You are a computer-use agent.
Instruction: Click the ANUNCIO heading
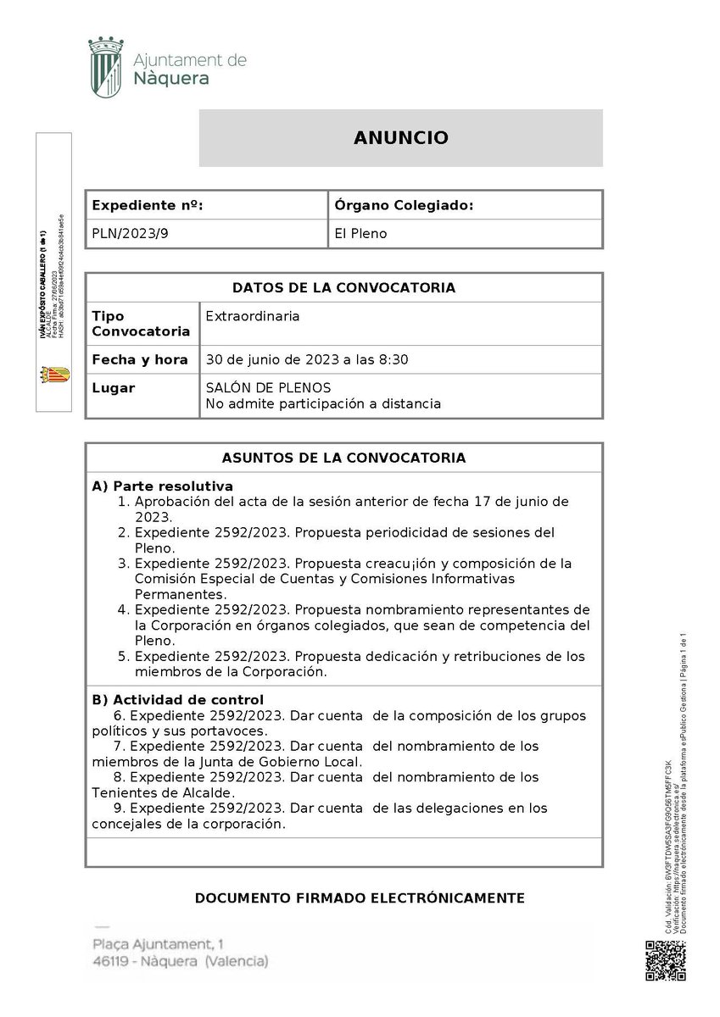pos(400,138)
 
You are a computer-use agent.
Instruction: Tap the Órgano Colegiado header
pos(403,205)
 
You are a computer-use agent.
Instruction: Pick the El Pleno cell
pos(360,233)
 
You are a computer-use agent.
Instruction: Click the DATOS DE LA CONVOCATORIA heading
pos(343,288)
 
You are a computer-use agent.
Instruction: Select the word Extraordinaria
pos(253,316)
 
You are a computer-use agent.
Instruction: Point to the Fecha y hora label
pos(140,359)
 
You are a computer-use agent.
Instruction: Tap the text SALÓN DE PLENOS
pos(268,388)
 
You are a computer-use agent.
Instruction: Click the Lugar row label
pos(113,388)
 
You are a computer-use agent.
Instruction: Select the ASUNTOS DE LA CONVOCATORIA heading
pos(343,458)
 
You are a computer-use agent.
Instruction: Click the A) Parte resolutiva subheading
pos(162,486)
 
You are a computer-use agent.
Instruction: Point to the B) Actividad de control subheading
pos(177,700)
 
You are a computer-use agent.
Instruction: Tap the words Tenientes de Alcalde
pos(162,792)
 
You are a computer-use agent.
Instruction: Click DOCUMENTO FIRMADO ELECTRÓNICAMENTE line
pos(360,898)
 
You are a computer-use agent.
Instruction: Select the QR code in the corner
pos(666,960)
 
